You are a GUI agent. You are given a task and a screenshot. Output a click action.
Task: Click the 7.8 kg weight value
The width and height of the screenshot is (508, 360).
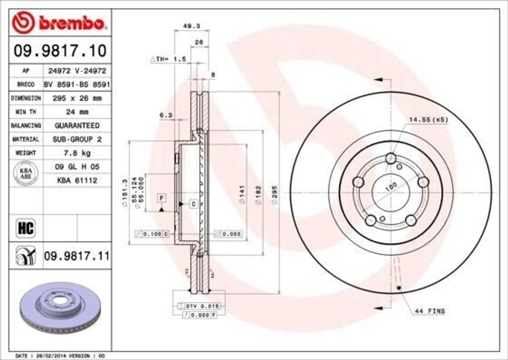point(77,153)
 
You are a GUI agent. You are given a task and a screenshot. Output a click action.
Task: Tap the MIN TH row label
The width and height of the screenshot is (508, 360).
point(26,112)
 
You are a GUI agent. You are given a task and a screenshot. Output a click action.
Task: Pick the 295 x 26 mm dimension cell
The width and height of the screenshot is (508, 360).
point(77,98)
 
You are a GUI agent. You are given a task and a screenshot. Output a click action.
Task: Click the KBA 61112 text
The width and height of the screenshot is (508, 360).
point(77,181)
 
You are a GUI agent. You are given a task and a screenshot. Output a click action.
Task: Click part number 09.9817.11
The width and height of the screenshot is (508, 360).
point(76,256)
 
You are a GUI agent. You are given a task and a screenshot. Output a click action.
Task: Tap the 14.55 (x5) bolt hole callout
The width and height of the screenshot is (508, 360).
point(428,120)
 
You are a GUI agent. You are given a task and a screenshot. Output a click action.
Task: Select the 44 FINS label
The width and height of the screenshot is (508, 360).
point(430,311)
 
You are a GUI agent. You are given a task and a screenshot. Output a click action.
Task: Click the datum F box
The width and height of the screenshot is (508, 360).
point(161,198)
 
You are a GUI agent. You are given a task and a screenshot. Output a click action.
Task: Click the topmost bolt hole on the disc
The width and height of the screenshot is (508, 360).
point(391,158)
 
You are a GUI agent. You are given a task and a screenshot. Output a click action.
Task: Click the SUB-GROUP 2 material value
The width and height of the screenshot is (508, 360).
point(77,140)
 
